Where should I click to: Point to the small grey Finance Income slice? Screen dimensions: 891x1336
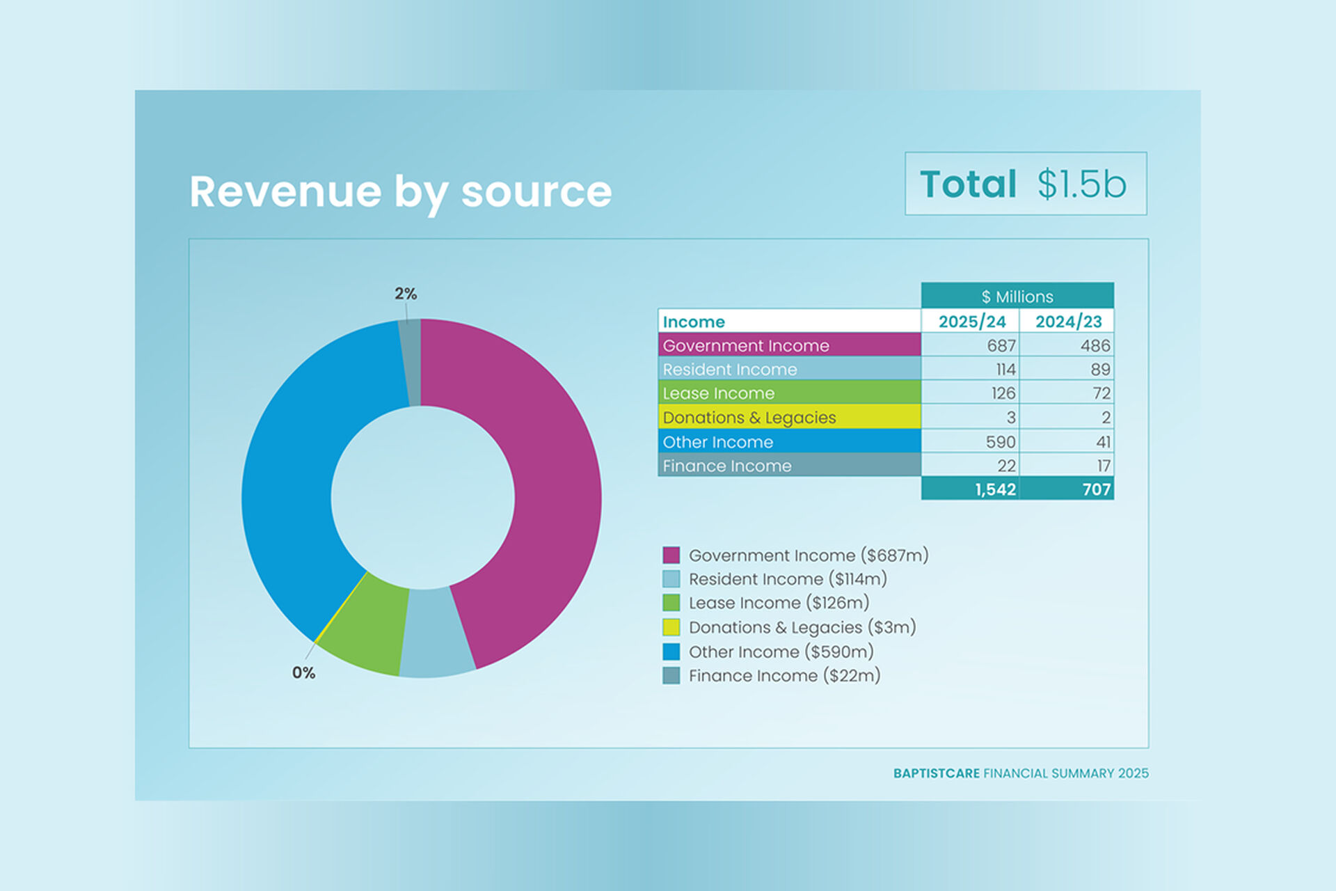coord(411,362)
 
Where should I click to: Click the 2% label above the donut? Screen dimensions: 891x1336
coord(406,294)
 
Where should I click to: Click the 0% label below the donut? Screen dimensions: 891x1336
coord(303,672)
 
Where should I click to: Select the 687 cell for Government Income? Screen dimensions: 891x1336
coord(1001,345)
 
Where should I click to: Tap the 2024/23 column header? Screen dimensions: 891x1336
coord(1068,322)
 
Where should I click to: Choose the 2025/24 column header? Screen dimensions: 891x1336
coord(971,322)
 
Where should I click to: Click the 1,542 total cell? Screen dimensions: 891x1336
coord(995,489)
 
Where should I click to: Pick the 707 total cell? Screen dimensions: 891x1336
coord(1096,489)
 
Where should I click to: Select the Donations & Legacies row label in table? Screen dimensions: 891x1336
coord(749,418)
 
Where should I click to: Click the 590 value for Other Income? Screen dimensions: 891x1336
coord(1000,442)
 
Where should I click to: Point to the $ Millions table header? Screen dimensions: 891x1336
coord(1017,297)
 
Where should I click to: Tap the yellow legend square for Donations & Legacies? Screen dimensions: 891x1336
coord(671,627)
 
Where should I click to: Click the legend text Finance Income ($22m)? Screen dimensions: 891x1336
coord(784,675)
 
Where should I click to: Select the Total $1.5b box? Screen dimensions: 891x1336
coord(1025,184)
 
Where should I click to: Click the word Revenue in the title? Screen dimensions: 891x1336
coord(285,192)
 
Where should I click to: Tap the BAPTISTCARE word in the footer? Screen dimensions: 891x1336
coord(936,773)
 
